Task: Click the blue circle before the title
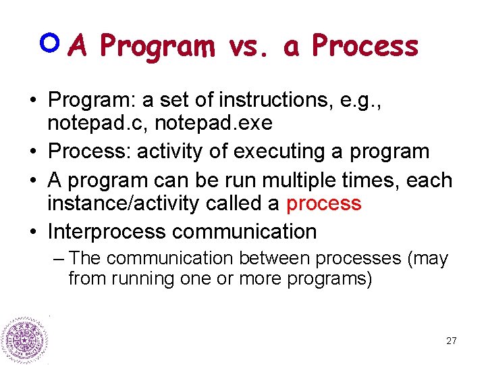click(x=51, y=43)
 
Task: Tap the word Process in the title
click(x=365, y=46)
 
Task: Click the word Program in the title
click(x=157, y=47)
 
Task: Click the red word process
click(x=324, y=203)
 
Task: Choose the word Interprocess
click(x=107, y=232)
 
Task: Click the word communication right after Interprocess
click(x=244, y=232)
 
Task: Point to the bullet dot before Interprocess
click(x=32, y=232)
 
